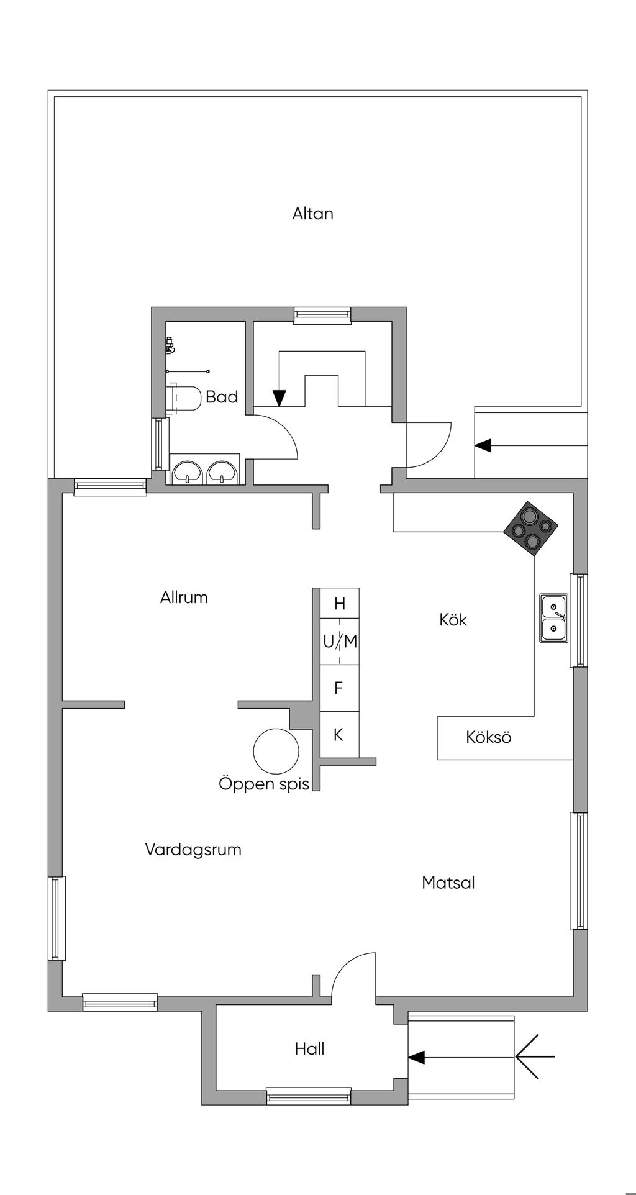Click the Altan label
[x=313, y=214]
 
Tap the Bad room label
[x=222, y=397]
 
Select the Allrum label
[x=184, y=597]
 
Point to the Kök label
[x=453, y=619]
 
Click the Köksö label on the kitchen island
[x=489, y=737]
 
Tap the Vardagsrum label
[x=193, y=850]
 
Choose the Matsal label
[x=448, y=883]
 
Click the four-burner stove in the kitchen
[x=530, y=528]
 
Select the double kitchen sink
[x=553, y=618]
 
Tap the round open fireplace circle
[x=276, y=750]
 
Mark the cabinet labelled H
[x=339, y=603]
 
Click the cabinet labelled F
[x=339, y=688]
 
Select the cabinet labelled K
[x=339, y=735]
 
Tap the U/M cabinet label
[x=340, y=642]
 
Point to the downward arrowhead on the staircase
[x=279, y=398]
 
